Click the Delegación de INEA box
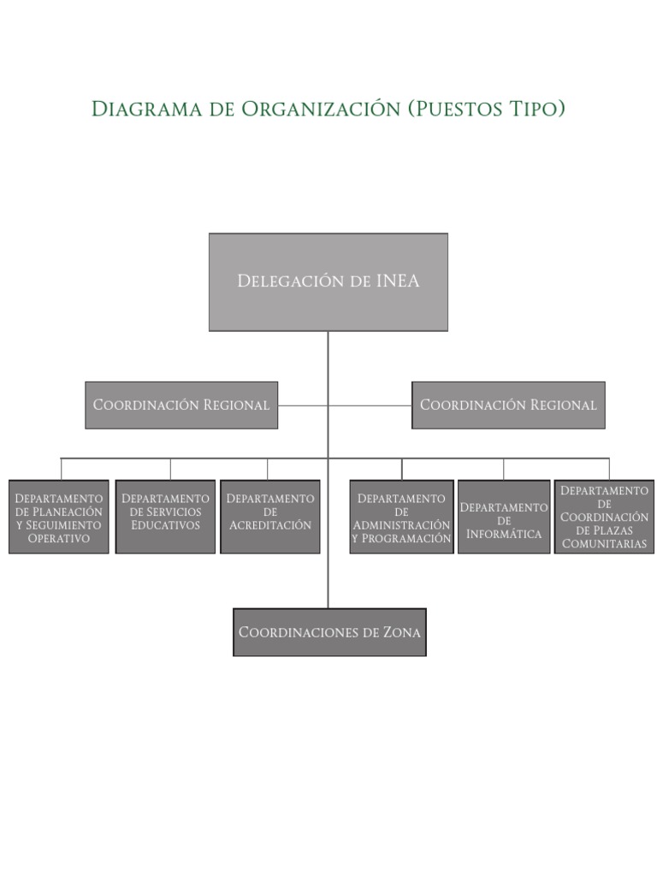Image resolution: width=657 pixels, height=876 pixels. click(x=328, y=281)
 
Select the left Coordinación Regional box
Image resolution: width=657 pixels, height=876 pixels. click(x=181, y=405)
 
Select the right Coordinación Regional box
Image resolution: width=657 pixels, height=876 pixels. click(x=508, y=405)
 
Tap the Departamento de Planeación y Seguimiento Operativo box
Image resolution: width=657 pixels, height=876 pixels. click(x=59, y=517)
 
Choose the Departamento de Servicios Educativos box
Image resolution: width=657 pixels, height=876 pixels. click(x=165, y=517)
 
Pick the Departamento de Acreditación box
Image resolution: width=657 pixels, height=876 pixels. click(x=270, y=517)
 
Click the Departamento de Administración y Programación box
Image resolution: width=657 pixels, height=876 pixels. click(x=401, y=517)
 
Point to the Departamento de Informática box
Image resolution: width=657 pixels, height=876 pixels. click(x=504, y=517)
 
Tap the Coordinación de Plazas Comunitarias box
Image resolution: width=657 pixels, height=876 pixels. click(x=605, y=517)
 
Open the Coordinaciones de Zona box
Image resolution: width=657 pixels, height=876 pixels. click(x=329, y=632)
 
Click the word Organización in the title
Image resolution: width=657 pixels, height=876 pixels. click(x=320, y=109)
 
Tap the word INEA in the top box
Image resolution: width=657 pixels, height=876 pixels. click(x=397, y=281)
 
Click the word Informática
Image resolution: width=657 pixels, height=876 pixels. click(x=504, y=535)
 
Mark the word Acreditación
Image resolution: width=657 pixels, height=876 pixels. click(x=270, y=525)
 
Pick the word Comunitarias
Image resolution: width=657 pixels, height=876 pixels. click(x=605, y=544)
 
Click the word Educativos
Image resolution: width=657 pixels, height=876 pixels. click(x=165, y=525)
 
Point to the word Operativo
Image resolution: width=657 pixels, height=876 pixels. click(x=59, y=539)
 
